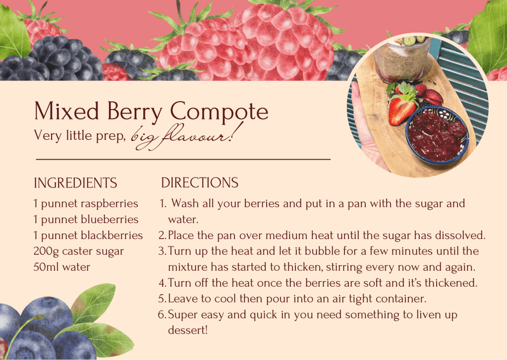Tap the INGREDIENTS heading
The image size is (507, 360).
(x=75, y=183)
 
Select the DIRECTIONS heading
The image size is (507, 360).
(x=200, y=183)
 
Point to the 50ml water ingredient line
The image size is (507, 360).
(x=62, y=267)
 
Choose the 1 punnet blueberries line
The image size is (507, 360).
(x=86, y=219)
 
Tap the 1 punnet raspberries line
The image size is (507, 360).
(x=86, y=203)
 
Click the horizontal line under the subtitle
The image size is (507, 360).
(x=183, y=160)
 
